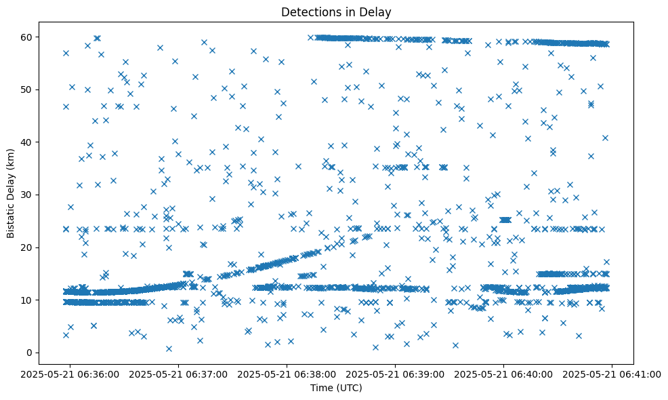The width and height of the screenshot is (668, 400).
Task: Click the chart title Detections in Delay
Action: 336,12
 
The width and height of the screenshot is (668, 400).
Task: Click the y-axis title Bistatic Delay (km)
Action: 12,187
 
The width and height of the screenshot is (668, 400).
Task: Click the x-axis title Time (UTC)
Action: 336,388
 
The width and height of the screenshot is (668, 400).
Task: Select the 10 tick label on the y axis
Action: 28,300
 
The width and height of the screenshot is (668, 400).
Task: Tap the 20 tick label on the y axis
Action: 28,247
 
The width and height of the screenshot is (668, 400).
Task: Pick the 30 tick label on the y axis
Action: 28,195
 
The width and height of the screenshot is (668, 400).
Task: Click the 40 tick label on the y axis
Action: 28,142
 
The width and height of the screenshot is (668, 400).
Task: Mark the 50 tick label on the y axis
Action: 28,89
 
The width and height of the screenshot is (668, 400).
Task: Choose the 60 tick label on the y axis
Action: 28,37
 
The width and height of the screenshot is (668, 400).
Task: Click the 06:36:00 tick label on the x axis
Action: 70,374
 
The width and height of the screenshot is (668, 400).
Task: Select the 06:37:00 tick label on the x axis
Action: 179,374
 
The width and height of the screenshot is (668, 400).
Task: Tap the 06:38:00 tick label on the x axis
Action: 287,374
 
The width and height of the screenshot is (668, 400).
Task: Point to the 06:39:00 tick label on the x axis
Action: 396,374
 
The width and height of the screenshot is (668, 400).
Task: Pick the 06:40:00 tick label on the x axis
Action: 503,374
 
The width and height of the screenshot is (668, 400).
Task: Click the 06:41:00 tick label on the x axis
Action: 612,374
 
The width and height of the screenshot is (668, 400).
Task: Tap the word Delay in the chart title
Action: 377,12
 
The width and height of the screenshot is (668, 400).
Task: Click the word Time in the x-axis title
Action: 321,388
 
